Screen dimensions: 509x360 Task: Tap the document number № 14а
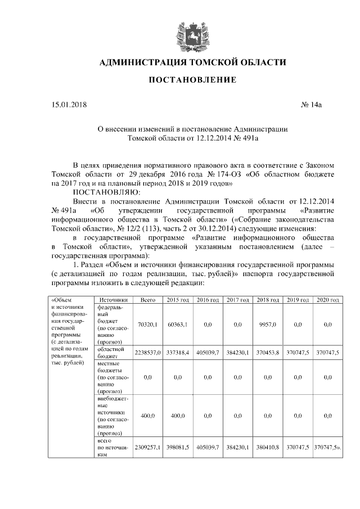coord(314,105)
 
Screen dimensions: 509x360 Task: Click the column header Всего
coord(148,300)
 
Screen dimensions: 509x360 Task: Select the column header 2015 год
coord(177,300)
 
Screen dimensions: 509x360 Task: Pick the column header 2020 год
coord(327,300)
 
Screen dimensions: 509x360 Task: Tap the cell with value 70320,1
coord(148,325)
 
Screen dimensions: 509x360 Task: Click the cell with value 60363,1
coord(177,325)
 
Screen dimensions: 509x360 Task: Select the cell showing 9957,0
coord(267,325)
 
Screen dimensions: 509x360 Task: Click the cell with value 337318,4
coord(177,352)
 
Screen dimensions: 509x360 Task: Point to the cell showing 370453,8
coord(268,352)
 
